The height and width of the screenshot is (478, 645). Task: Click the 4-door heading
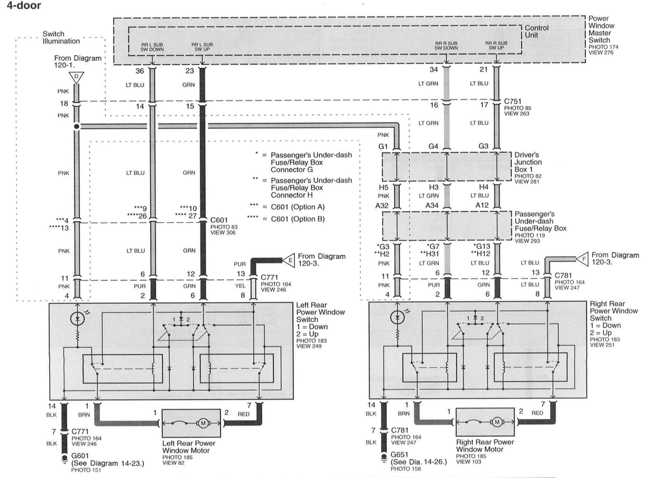(24, 6)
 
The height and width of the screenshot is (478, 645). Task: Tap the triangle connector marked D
(76, 77)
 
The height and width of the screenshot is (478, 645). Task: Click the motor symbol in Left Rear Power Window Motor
(203, 423)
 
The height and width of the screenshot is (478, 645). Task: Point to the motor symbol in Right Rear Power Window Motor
(497, 422)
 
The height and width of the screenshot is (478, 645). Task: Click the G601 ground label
(80, 456)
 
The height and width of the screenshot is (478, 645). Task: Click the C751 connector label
(513, 102)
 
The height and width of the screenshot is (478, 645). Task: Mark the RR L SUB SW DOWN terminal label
(152, 47)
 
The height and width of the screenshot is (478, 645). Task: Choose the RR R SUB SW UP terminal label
(496, 45)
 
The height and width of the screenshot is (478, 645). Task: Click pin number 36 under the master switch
(140, 71)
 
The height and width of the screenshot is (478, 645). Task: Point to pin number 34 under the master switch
(433, 69)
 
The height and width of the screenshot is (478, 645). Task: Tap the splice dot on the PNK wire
(77, 126)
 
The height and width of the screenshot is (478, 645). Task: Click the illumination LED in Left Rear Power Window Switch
(77, 319)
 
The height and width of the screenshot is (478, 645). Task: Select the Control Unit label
(536, 32)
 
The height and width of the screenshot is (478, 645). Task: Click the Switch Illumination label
(61, 37)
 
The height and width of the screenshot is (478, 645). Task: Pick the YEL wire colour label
(240, 286)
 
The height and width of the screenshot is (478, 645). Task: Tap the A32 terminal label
(382, 206)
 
